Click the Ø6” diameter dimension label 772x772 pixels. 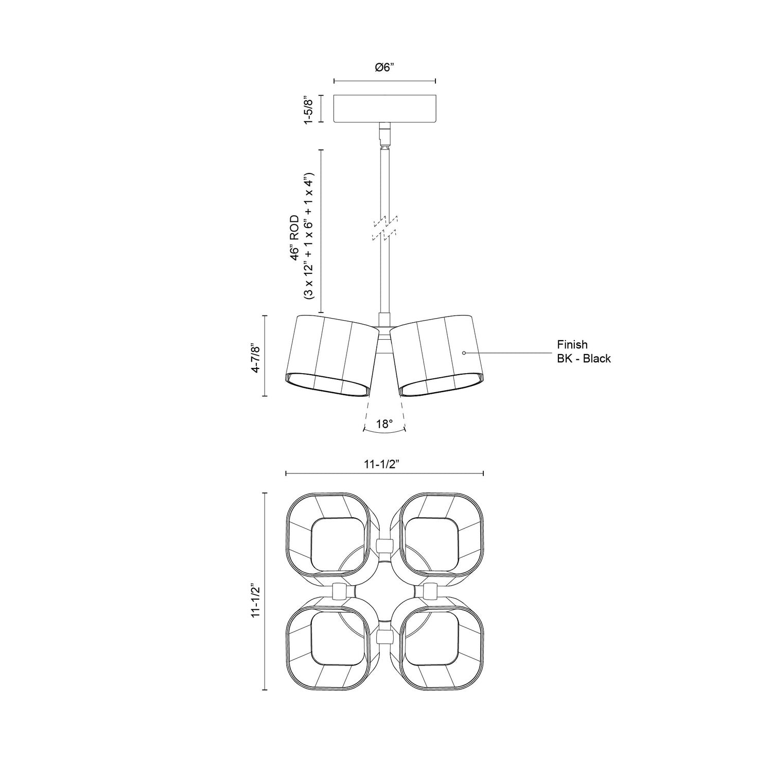(x=384, y=67)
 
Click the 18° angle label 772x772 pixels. (x=384, y=424)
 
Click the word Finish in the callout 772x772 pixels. (x=572, y=345)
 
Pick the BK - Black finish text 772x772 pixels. (x=584, y=359)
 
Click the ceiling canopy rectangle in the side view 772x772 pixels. (x=384, y=109)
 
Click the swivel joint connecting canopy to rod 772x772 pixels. (x=384, y=135)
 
